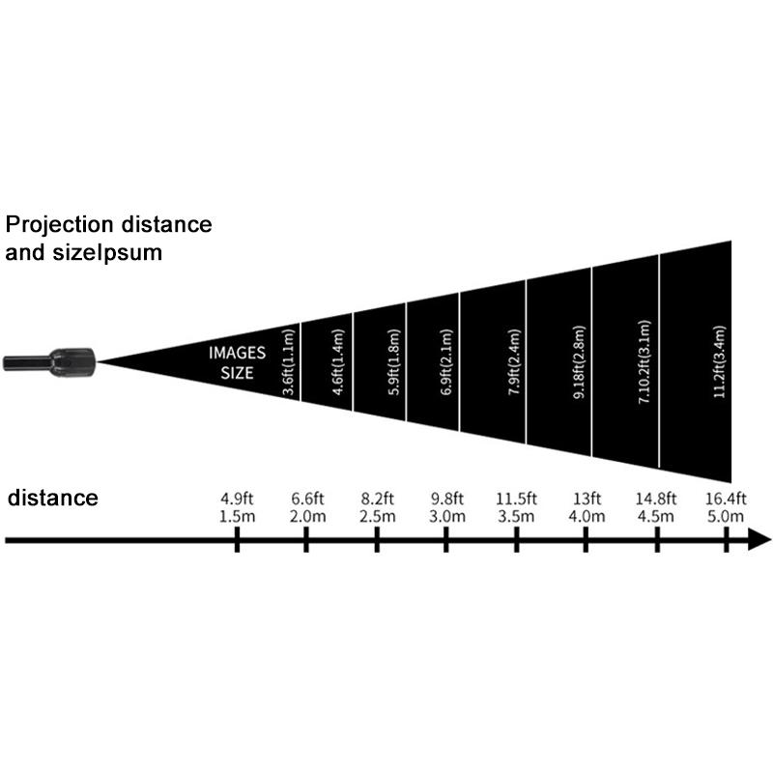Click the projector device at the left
pyautogui.click(x=50, y=361)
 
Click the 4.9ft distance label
pyautogui.click(x=237, y=500)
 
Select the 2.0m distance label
pyautogui.click(x=307, y=518)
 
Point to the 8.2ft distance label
pyautogui.click(x=377, y=500)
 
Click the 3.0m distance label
pyautogui.click(x=447, y=518)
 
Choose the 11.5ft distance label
pyautogui.click(x=516, y=500)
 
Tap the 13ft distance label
pyautogui.click(x=586, y=500)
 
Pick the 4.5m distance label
pyautogui.click(x=655, y=518)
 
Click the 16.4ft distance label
pyautogui.click(x=725, y=500)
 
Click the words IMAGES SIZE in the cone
pyautogui.click(x=236, y=361)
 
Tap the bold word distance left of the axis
pyautogui.click(x=52, y=499)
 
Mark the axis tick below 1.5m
pyautogui.click(x=237, y=540)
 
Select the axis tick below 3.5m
pyautogui.click(x=516, y=540)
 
